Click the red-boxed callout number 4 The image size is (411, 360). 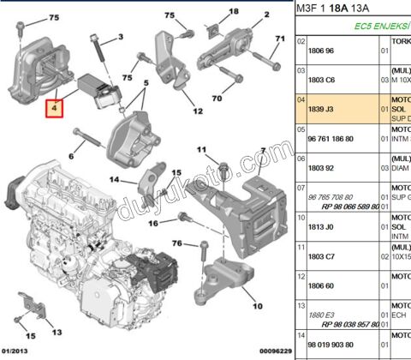53,109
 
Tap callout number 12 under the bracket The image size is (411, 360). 197,111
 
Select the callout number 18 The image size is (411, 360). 234,11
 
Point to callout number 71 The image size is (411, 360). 278,39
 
